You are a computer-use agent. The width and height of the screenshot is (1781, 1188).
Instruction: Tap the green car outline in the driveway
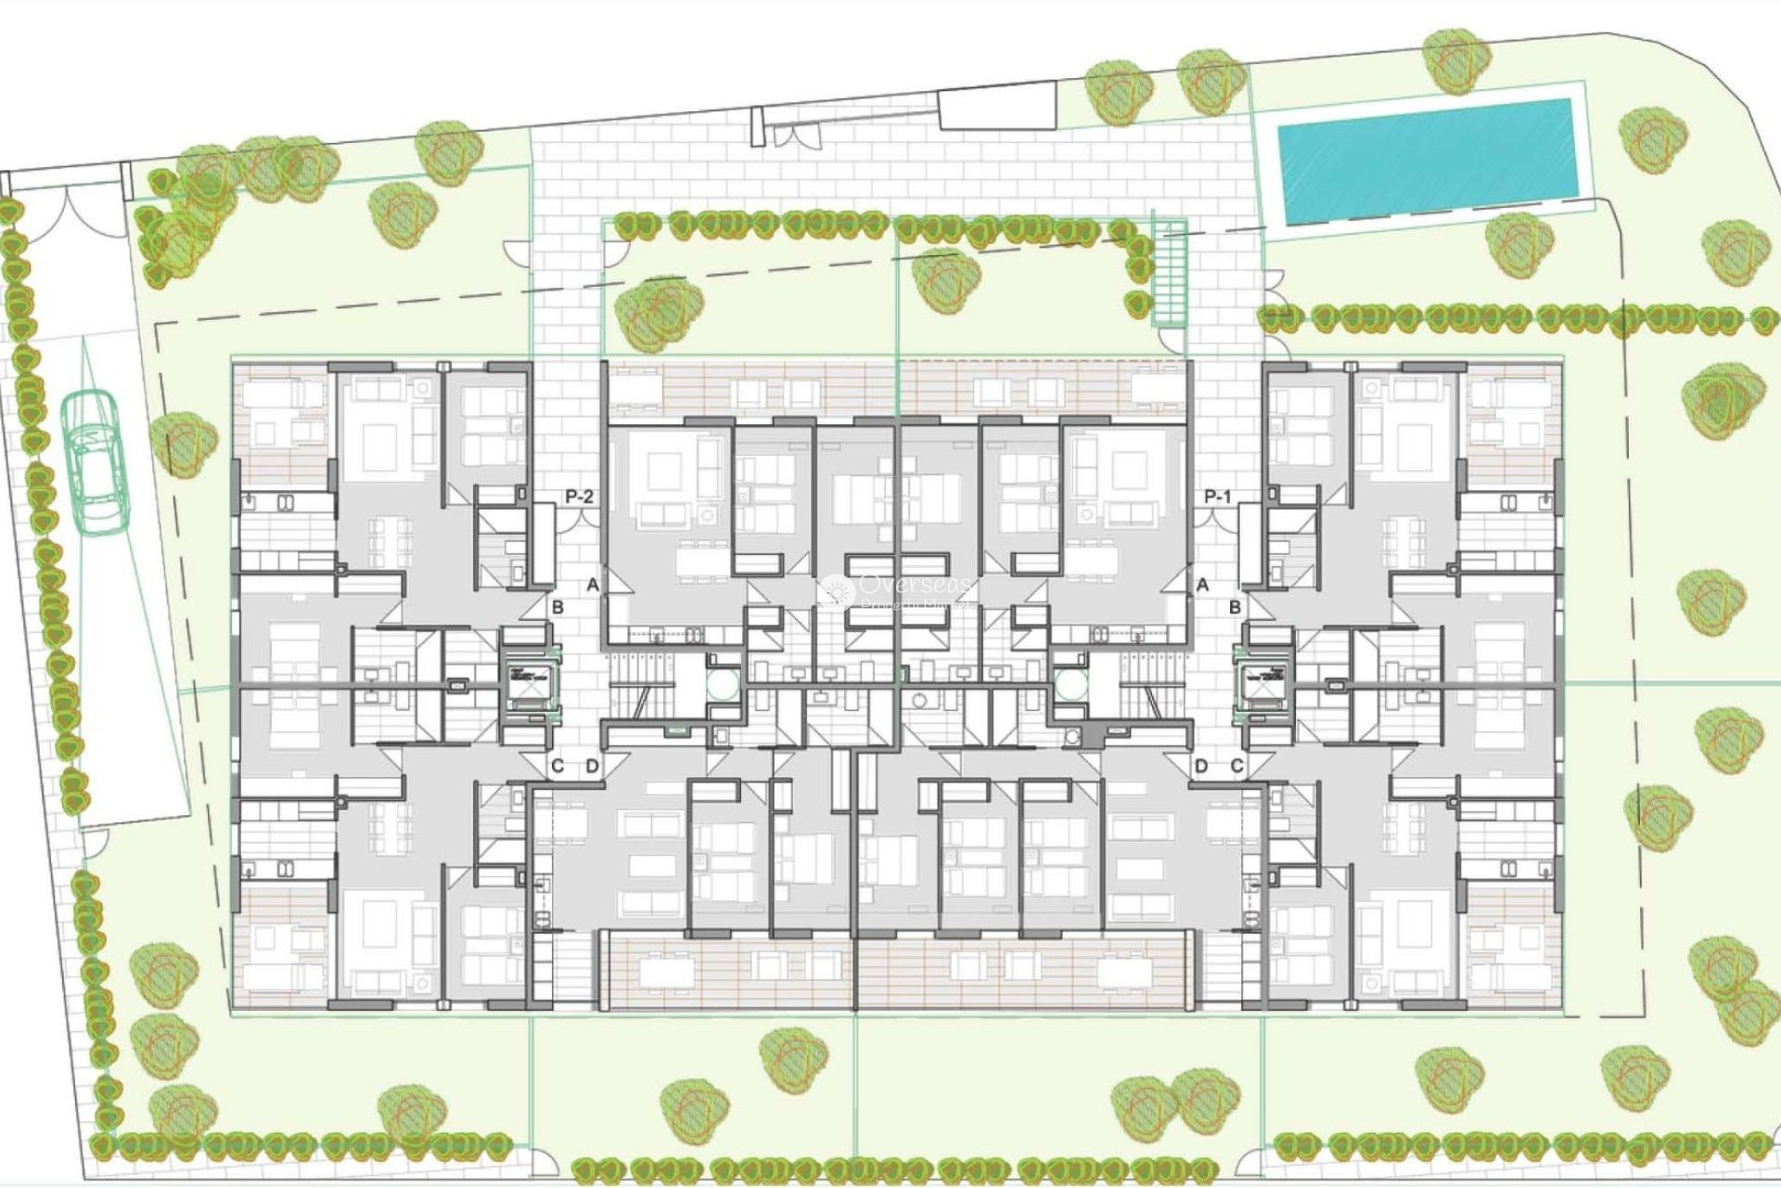click(95, 461)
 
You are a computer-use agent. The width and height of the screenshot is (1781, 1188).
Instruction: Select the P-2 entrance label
click(579, 497)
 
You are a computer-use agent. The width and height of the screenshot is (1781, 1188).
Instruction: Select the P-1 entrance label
click(1217, 497)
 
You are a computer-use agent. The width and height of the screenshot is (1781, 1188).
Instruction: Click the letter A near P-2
click(593, 586)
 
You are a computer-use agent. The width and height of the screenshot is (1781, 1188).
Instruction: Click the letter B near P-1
click(1235, 607)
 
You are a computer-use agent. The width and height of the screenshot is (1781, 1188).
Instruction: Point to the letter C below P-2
click(557, 767)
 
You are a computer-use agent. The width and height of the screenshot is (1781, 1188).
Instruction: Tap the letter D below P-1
click(1201, 767)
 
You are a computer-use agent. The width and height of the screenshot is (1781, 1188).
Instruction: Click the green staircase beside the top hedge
click(1171, 273)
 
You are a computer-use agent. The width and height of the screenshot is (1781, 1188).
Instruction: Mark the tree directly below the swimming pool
click(1518, 245)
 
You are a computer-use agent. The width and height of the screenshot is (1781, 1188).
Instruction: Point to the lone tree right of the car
click(184, 445)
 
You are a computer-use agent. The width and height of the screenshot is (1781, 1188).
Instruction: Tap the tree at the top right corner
click(1456, 60)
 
